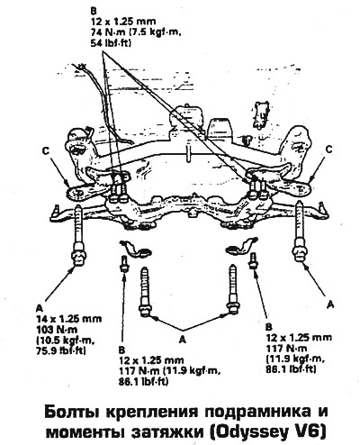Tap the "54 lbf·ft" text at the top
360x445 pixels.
tap(111, 44)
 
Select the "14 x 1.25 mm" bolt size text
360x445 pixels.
tap(68, 319)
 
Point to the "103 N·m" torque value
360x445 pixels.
tap(57, 330)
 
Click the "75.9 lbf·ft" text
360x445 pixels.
tap(61, 350)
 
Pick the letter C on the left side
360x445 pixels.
tap(46, 152)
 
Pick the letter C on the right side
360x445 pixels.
tap(329, 150)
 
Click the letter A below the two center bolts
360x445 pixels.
tap(183, 340)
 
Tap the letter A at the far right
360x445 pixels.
tap(330, 304)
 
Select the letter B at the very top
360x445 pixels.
tap(94, 12)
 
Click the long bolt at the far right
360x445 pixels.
tap(301, 231)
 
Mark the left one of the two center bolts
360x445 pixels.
tap(145, 292)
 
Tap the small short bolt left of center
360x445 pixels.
tap(123, 264)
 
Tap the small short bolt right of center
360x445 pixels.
tap(253, 260)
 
